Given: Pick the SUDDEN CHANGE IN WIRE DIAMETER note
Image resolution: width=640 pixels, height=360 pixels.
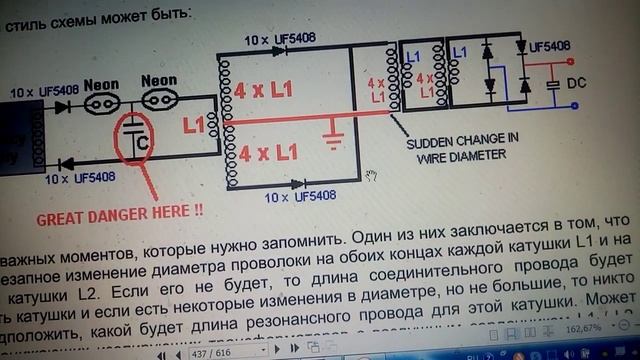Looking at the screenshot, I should [x=455, y=149].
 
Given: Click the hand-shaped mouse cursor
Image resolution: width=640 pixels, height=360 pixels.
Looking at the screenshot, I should [x=371, y=175].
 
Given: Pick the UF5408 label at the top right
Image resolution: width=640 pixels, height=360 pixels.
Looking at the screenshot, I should [x=549, y=46].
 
